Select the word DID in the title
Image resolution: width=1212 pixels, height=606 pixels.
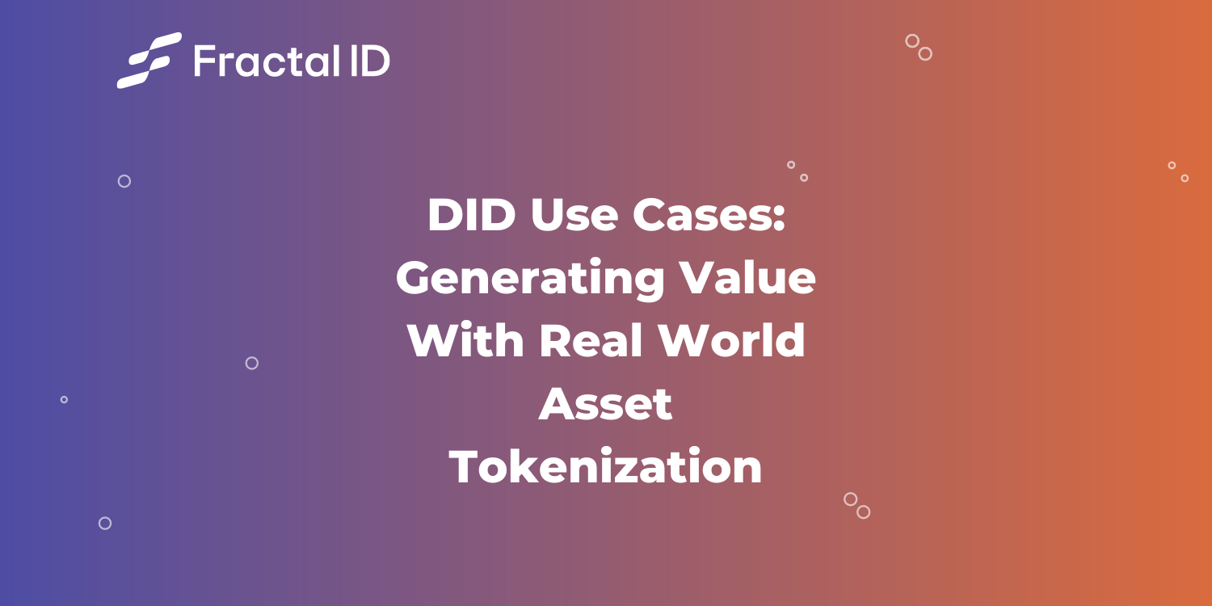(x=471, y=216)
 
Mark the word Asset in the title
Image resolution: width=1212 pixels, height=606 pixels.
(x=606, y=404)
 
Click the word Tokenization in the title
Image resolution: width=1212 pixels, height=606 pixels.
(x=606, y=467)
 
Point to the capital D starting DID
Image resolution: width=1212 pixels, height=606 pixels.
(x=444, y=216)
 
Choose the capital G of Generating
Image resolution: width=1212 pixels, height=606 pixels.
(x=414, y=279)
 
